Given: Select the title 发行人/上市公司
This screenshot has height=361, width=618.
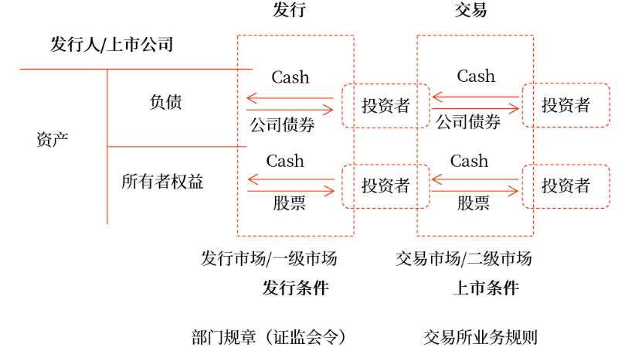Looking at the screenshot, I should point(111,44).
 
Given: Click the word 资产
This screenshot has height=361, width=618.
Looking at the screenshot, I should point(53,140).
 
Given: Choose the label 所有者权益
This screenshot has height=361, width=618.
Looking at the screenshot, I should point(162,182).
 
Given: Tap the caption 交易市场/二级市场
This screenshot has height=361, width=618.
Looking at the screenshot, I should point(463,258).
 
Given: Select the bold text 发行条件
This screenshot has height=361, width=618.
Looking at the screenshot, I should point(296,288).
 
